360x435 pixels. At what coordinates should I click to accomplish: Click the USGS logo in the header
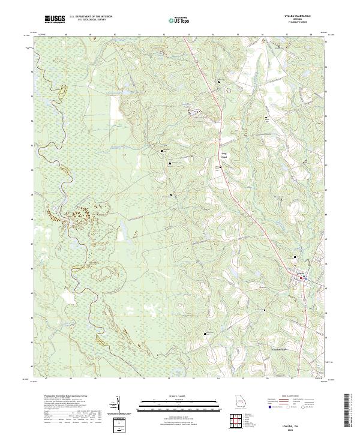pos(55,20)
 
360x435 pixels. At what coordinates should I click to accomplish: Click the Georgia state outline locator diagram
pos(239,403)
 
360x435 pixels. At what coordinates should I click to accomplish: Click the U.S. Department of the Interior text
pos(90,17)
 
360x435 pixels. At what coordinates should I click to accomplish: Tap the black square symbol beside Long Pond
pos(221,167)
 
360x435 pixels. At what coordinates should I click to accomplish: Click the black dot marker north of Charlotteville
pos(265,310)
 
